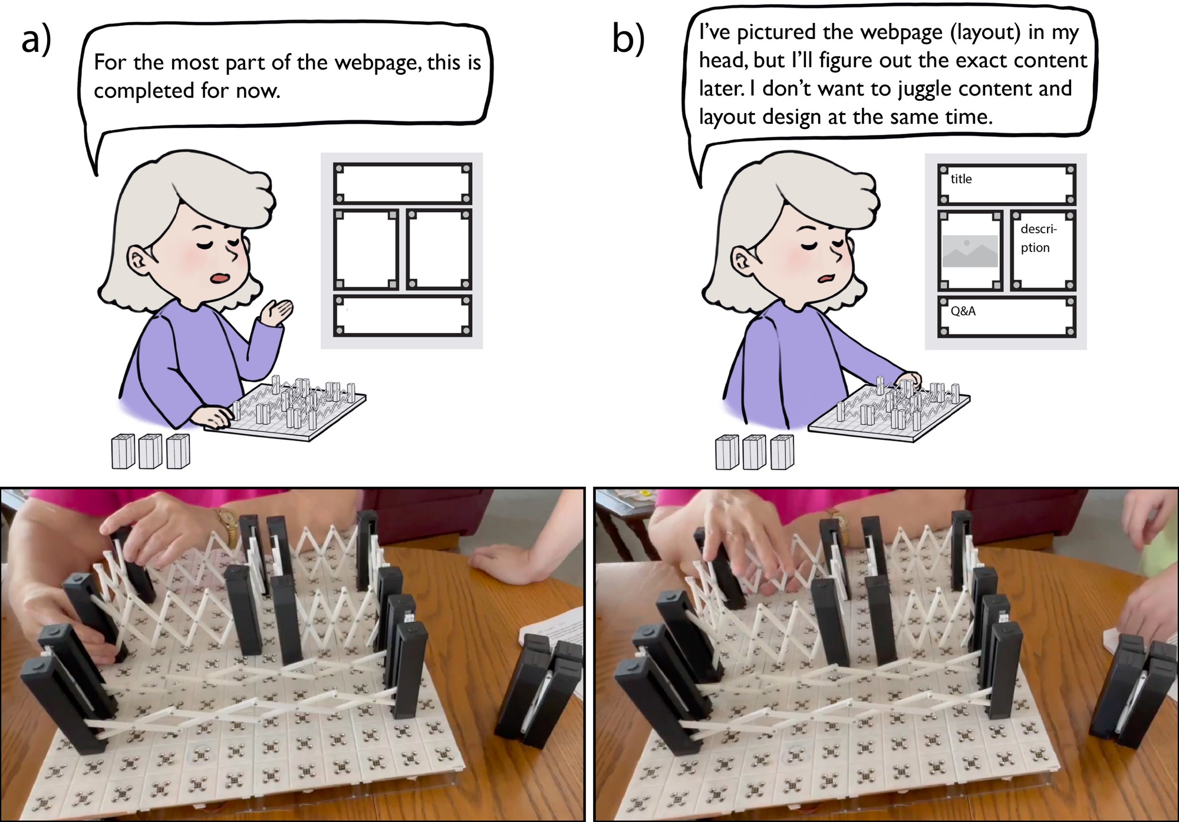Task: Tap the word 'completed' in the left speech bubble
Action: pos(144,91)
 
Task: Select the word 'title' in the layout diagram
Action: pos(961,179)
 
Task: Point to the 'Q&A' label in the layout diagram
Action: pos(963,311)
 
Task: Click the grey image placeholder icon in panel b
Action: pos(970,251)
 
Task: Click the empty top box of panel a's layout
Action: pos(403,184)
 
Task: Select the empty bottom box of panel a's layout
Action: pos(403,316)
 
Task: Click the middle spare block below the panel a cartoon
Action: pos(150,451)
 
